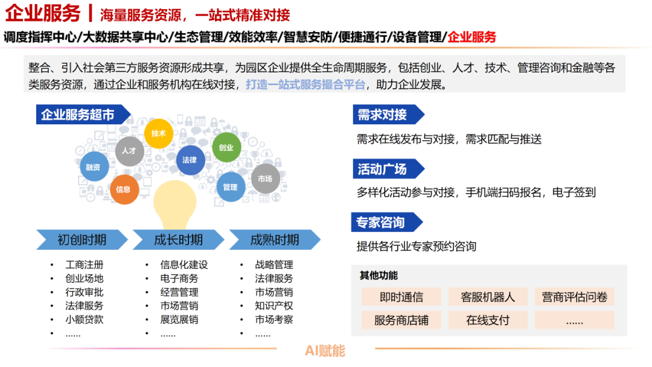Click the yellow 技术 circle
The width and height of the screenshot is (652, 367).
(x=159, y=133)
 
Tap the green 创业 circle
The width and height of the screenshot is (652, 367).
(x=226, y=147)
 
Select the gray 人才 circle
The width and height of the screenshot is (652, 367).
(x=129, y=151)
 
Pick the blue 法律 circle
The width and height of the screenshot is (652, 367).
(x=190, y=160)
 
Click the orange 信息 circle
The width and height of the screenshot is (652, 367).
(x=123, y=189)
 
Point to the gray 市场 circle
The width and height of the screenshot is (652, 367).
(x=264, y=179)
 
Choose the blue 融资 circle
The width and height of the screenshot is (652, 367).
(x=93, y=167)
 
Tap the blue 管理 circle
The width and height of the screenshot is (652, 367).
(x=230, y=187)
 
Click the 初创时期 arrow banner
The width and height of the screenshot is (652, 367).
(x=82, y=240)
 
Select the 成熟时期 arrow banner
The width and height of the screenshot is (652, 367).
(x=275, y=240)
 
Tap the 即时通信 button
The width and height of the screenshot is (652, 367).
(x=401, y=297)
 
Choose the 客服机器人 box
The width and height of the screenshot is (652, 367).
(x=488, y=297)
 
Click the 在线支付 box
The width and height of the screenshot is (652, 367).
(x=488, y=320)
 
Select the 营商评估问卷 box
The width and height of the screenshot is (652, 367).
(x=574, y=297)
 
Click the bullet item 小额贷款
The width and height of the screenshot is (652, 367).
(x=85, y=319)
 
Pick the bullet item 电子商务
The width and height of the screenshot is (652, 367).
(x=179, y=278)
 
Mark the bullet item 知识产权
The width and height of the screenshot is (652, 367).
(x=274, y=305)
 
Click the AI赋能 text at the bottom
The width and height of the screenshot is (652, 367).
(x=325, y=350)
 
